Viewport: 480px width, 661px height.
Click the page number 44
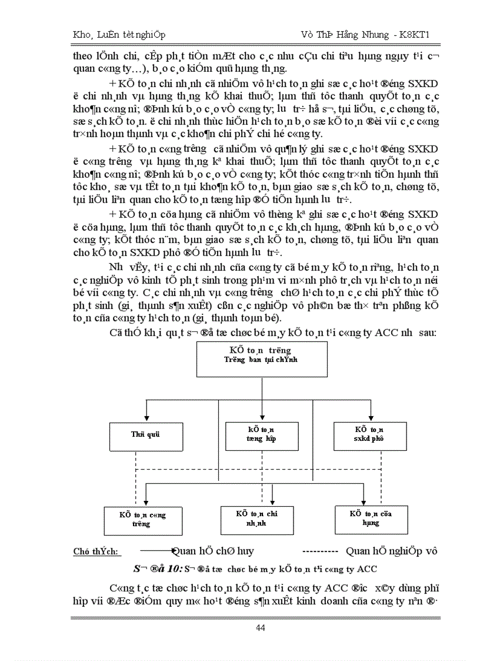261,627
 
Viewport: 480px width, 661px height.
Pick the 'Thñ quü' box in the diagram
146,436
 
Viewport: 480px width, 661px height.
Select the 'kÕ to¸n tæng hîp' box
260,436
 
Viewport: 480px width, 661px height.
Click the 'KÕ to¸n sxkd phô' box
369,436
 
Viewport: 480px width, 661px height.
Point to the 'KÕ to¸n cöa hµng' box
371,518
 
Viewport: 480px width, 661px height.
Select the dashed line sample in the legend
319,551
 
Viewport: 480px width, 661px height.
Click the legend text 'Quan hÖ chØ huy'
213,551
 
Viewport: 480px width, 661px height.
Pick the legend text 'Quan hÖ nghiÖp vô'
392,551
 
